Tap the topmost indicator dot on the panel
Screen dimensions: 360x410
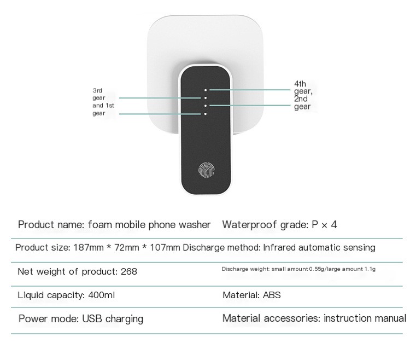point(206,89)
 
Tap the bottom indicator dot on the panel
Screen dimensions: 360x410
point(206,114)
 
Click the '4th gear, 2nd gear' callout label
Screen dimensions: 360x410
point(303,95)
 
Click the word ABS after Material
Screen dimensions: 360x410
point(272,295)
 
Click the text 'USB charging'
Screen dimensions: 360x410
point(113,318)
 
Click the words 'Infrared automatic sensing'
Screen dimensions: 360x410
point(319,247)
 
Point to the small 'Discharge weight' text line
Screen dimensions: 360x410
point(298,269)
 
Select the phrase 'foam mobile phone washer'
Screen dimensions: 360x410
point(148,225)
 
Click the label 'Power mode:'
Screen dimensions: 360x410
point(49,318)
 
